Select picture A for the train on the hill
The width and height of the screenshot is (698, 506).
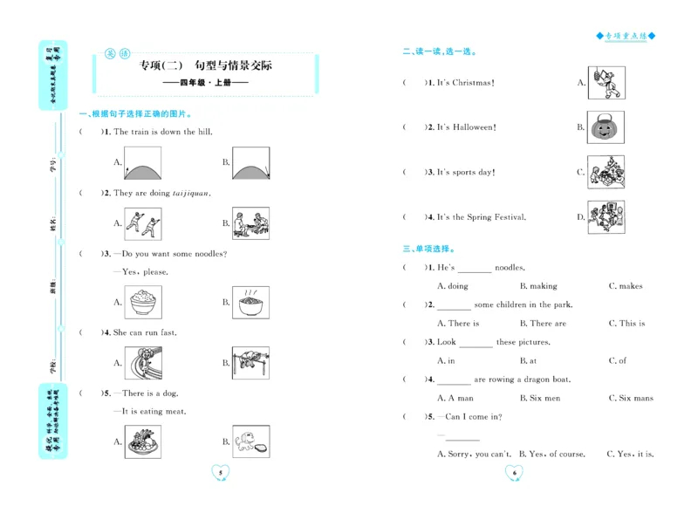[x=144, y=162]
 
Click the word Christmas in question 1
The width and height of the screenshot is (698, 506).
[x=472, y=83]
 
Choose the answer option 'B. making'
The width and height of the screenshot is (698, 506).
[x=537, y=286]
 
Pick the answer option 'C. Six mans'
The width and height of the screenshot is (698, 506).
[x=630, y=399]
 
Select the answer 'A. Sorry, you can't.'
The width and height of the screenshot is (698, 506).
[x=474, y=455]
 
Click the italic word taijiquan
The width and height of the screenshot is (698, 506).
[x=191, y=194]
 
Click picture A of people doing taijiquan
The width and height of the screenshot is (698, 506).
[x=142, y=223]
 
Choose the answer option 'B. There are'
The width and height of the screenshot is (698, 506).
[x=542, y=324]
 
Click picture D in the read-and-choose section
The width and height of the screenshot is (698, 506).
[x=605, y=217]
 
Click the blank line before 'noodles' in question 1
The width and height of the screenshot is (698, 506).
[x=474, y=269]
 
